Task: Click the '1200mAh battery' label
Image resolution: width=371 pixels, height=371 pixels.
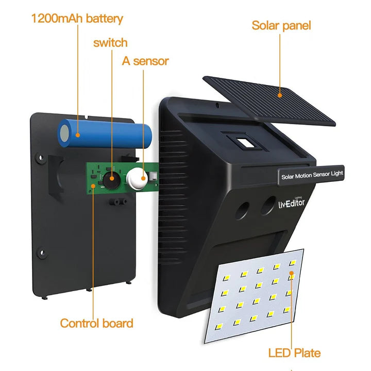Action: click(x=77, y=19)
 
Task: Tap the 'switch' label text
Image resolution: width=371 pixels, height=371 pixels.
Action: click(x=110, y=42)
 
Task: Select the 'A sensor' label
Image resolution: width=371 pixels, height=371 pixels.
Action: click(x=145, y=61)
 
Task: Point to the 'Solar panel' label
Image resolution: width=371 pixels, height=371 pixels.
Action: click(x=281, y=25)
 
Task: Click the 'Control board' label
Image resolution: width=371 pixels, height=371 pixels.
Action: click(x=96, y=323)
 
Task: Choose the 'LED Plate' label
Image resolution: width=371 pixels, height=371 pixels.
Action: click(x=294, y=353)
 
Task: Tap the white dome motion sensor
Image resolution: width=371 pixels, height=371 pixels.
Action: click(x=138, y=178)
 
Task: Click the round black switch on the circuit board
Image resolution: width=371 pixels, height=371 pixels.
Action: click(x=111, y=178)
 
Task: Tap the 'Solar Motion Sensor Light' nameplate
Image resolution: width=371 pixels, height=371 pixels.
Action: click(x=312, y=175)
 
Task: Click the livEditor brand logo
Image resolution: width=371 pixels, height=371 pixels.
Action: click(x=292, y=203)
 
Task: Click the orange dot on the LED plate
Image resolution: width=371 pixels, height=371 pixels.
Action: click(x=292, y=275)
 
